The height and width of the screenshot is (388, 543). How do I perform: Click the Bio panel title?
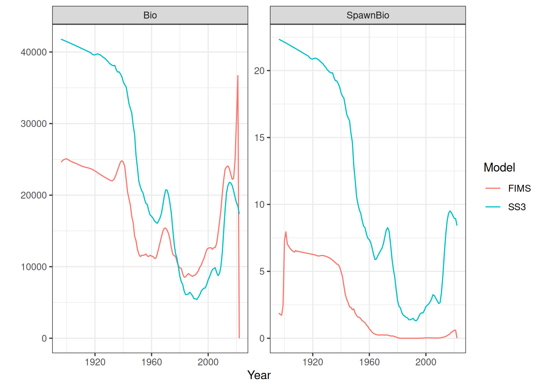pos(150,15)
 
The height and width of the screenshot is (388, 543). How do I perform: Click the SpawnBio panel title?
pos(368,15)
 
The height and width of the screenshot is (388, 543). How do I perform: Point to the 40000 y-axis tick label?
pos(34,52)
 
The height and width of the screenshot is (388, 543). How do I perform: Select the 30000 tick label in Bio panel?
pos(34,124)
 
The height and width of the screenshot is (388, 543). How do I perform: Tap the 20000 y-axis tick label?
pos(34,195)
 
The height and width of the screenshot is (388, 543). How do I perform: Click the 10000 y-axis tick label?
pos(34,267)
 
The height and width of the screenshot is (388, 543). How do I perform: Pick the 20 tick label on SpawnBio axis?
pos(259,71)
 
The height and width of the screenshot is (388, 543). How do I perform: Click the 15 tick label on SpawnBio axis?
pos(259,137)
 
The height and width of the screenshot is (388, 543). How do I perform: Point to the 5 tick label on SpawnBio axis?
pos(262,271)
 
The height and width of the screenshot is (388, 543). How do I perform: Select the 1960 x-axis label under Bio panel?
pos(152,362)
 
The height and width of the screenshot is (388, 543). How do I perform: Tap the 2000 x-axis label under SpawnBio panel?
pos(426,362)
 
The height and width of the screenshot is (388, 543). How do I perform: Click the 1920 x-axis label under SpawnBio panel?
pos(313,362)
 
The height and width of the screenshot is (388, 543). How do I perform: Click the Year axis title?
pos(259,375)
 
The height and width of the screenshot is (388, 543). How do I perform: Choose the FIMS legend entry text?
pos(519,188)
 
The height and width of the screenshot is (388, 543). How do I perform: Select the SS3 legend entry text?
pos(517,207)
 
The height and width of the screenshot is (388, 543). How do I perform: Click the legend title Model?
pos(499,167)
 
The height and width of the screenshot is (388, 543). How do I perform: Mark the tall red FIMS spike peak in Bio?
pos(238,76)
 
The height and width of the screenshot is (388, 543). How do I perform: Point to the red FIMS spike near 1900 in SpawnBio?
pos(286,232)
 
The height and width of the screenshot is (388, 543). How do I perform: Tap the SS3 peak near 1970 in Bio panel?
pos(166,190)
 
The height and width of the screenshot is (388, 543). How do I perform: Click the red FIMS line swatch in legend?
pos(493,188)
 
